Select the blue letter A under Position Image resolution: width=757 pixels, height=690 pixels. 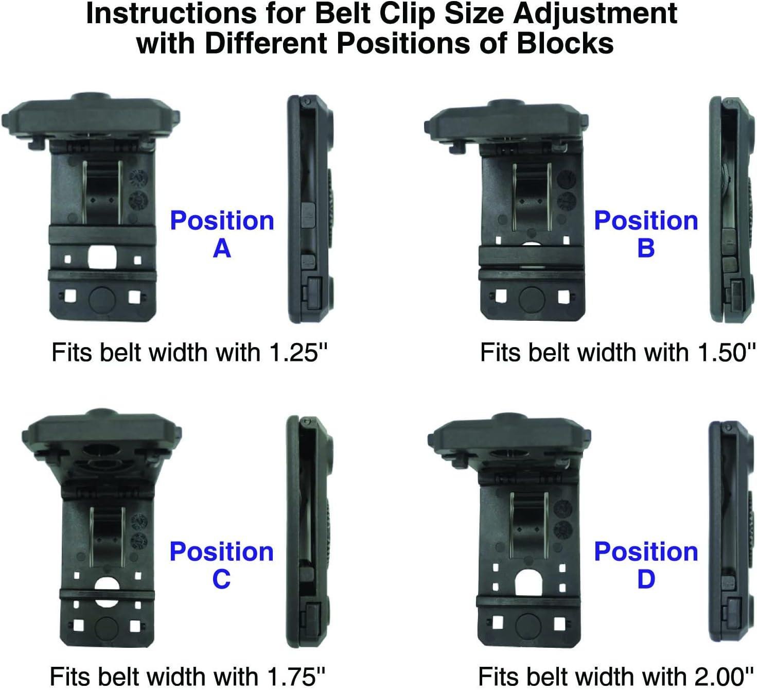(x=222, y=248)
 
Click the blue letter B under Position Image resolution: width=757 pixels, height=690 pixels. (x=646, y=248)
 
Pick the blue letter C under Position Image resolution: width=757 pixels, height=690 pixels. (x=221, y=579)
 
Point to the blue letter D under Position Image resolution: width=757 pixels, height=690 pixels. (x=646, y=579)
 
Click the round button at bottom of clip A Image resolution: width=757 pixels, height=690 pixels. (x=102, y=298)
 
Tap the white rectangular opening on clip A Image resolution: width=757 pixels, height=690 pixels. (x=102, y=256)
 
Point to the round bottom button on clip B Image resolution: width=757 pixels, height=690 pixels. (x=532, y=298)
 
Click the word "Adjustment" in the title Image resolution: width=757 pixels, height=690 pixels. (x=595, y=13)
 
